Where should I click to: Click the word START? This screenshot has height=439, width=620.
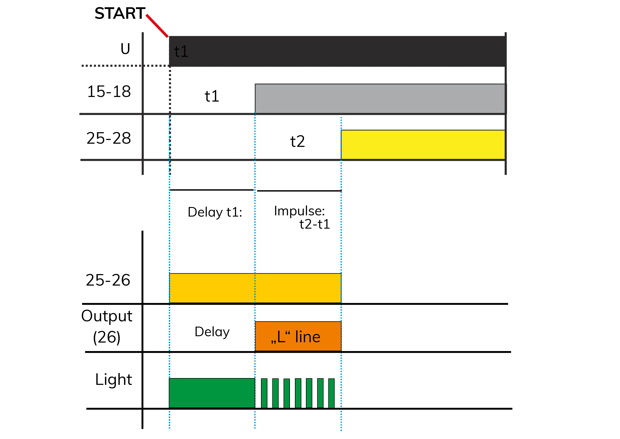(x=120, y=13)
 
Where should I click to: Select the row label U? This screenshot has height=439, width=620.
(x=125, y=49)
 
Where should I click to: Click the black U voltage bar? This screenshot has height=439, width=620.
(x=338, y=51)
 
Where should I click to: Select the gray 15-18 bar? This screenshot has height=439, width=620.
(x=381, y=99)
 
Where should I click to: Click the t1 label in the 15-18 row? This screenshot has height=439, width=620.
(x=212, y=96)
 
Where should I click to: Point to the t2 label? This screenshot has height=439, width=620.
(x=298, y=141)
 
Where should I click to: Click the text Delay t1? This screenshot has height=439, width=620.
(x=215, y=212)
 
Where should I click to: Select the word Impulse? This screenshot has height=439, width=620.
(x=299, y=211)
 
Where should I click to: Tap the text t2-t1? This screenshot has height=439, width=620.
(x=315, y=224)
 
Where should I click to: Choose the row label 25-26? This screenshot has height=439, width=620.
(x=108, y=280)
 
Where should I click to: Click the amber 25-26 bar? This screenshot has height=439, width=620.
(x=255, y=288)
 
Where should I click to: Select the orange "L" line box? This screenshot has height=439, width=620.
(x=298, y=336)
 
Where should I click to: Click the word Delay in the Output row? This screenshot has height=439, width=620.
(x=212, y=332)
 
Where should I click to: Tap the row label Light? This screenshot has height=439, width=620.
(x=113, y=380)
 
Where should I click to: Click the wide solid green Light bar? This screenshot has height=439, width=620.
(x=212, y=393)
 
